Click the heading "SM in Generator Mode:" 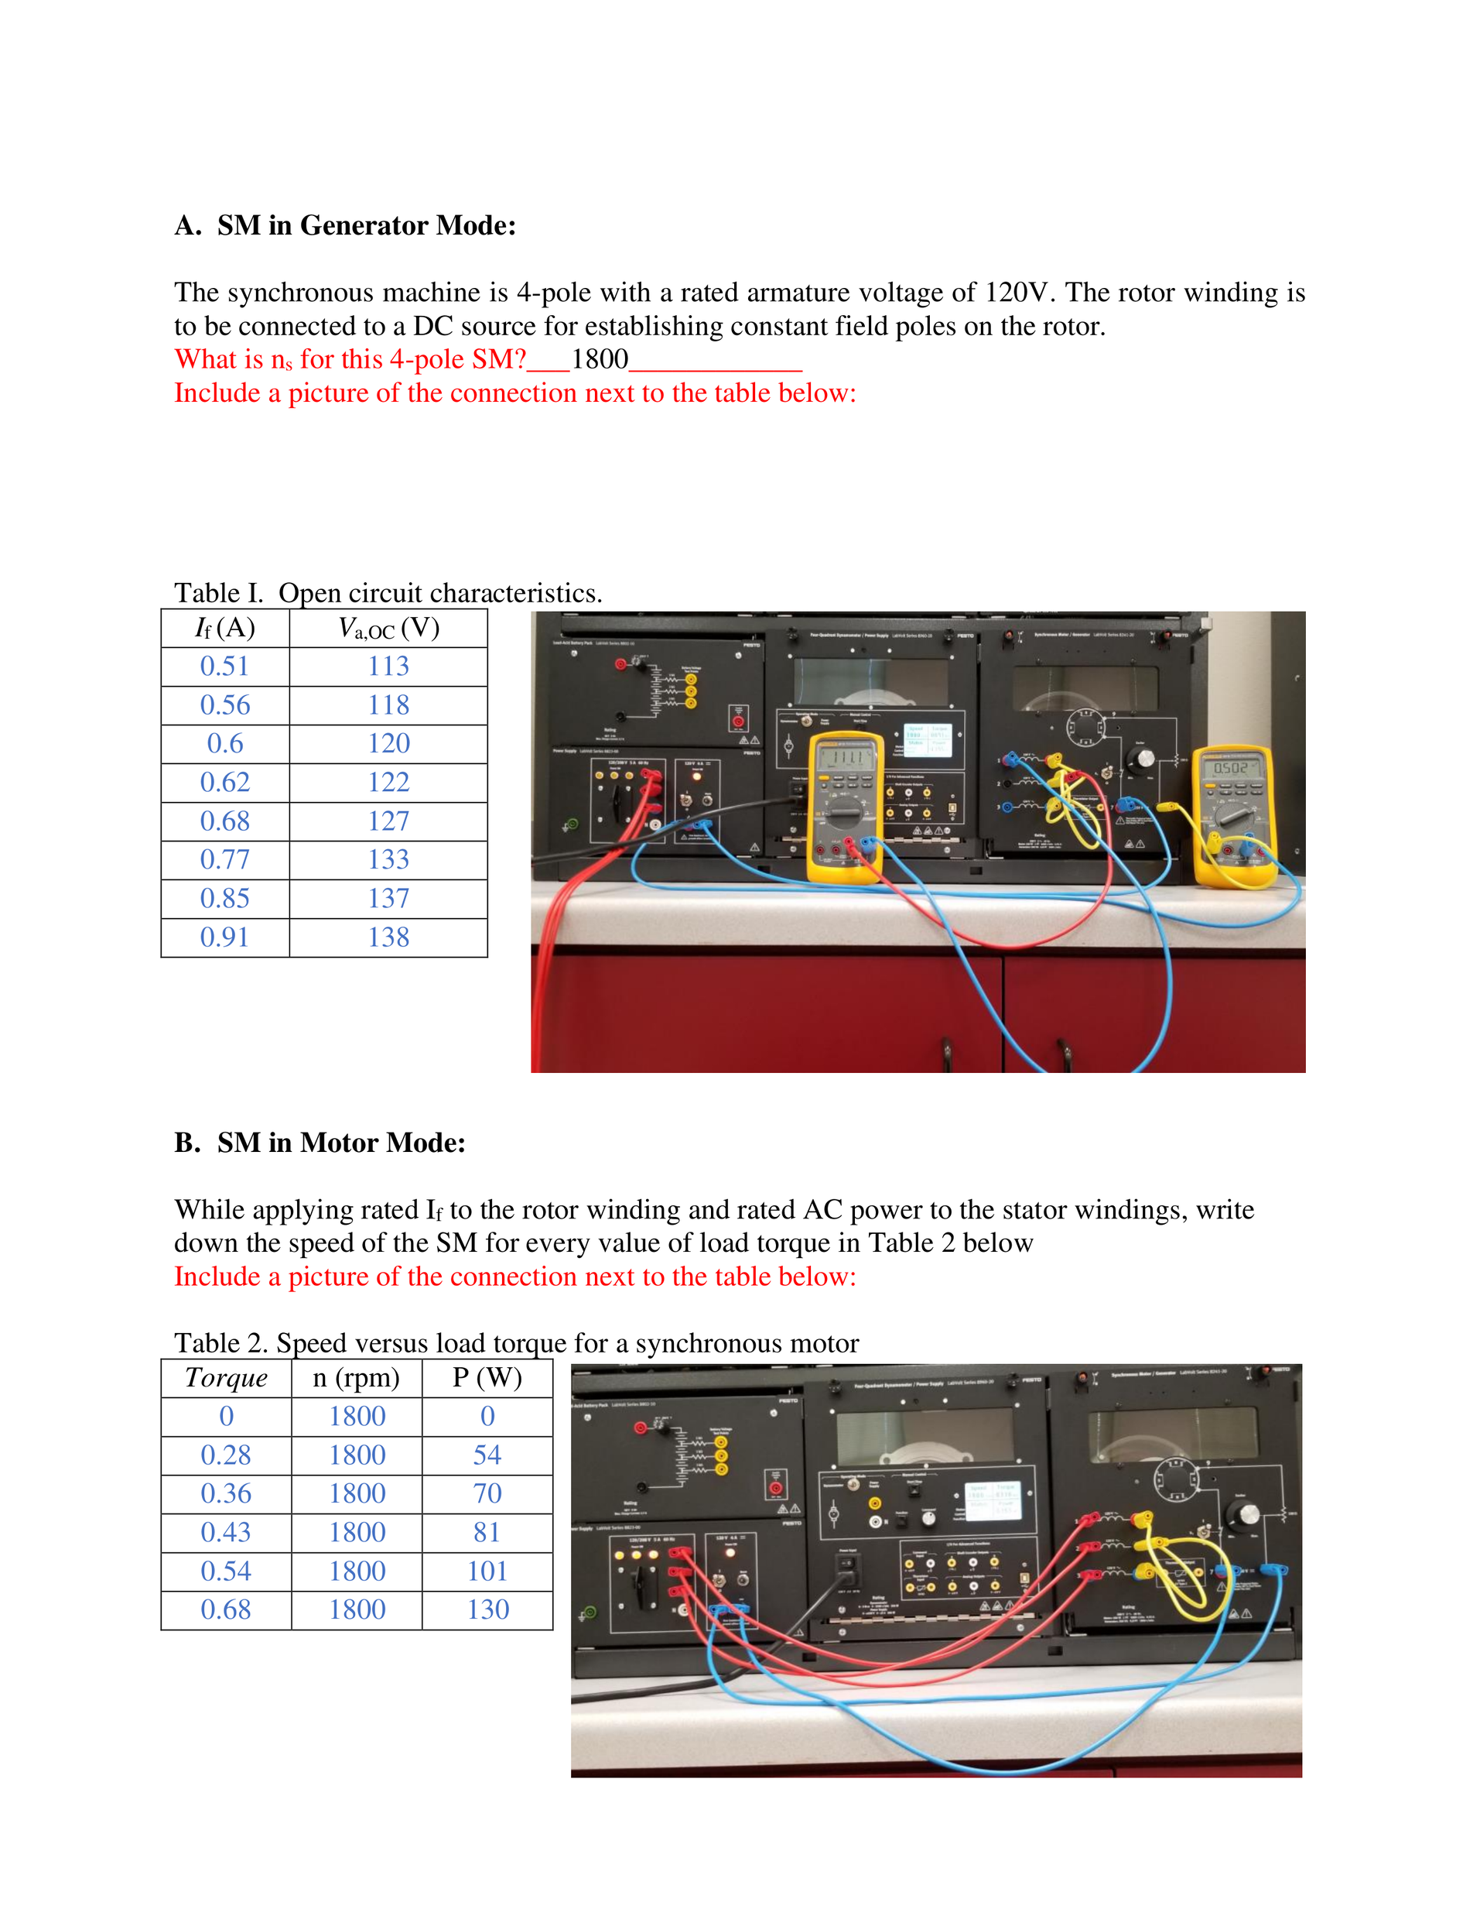(x=366, y=225)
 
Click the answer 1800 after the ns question (x=600, y=358)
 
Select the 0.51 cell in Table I (x=224, y=666)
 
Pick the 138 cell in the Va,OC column (x=388, y=937)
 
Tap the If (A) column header (x=224, y=628)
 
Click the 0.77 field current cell (x=224, y=860)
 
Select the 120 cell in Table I (x=388, y=744)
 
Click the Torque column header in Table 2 (x=226, y=1377)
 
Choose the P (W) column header (x=487, y=1377)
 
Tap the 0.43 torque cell (x=226, y=1533)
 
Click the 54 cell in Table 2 (x=487, y=1455)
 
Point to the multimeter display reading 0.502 (x=1231, y=768)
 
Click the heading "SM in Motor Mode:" (x=341, y=1143)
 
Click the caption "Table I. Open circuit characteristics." (x=388, y=593)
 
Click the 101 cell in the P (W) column (x=487, y=1572)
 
